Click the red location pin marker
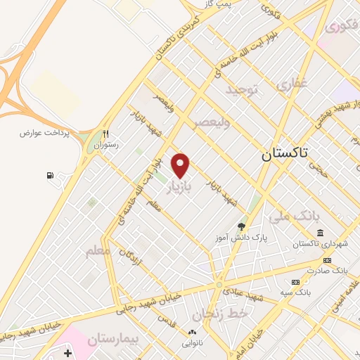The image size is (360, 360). coord(181,165)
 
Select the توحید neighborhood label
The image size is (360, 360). coord(243,89)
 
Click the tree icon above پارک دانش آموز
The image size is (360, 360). coord(242,226)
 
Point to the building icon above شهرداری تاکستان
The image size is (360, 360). coord(320,233)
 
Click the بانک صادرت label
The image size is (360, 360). coord(330,270)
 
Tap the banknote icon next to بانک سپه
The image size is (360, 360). coord(296,282)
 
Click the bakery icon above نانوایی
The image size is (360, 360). coord(191,332)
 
